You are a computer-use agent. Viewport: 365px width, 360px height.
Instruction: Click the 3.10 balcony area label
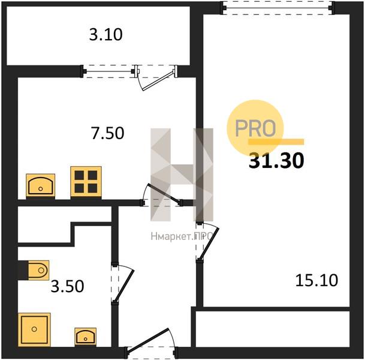tap(105, 34)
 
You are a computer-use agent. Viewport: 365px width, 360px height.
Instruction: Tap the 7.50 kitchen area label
tap(107, 133)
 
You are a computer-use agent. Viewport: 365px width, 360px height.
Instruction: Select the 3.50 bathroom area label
tap(67, 286)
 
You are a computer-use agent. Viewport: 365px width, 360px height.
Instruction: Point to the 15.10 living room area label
tap(316, 280)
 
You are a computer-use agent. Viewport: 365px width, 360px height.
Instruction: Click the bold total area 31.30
tap(276, 160)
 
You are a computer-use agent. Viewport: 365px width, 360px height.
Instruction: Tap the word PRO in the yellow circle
tap(255, 128)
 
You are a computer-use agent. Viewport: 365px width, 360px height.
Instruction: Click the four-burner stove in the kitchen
tap(86, 182)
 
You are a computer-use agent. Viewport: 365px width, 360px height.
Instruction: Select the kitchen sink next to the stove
tap(41, 186)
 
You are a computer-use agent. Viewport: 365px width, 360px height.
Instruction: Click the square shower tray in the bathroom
tap(34, 329)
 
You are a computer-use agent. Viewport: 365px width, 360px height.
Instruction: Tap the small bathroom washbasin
tap(86, 337)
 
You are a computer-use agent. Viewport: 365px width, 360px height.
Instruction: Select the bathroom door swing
tap(123, 284)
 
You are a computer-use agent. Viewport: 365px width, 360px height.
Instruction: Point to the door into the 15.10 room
tap(207, 242)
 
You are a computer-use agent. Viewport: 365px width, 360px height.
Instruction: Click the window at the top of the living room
tap(277, 8)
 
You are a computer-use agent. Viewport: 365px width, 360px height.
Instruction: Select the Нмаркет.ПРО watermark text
tap(182, 236)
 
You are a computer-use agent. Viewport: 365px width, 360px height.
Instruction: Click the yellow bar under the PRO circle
tap(276, 142)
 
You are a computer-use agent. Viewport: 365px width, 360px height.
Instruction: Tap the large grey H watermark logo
tap(182, 175)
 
